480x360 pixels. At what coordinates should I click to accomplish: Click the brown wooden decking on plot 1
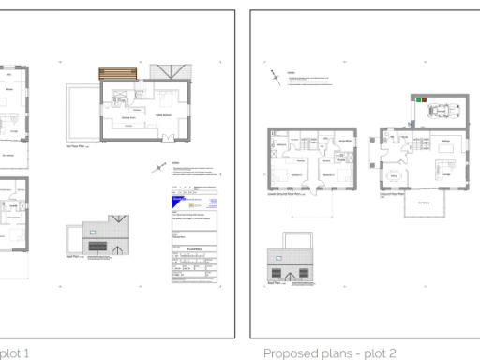pyautogui.click(x=117, y=73)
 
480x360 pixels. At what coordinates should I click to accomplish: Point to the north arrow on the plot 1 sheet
pyautogui.click(x=157, y=169)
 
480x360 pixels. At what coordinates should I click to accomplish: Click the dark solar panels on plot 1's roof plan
pyautogui.click(x=97, y=247)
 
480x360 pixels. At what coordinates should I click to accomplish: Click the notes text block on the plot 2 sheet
pyautogui.click(x=309, y=80)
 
